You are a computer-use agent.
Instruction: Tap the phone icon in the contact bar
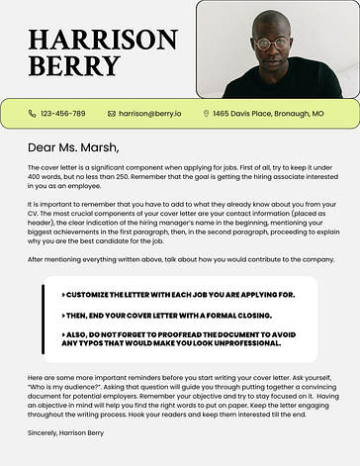click(33, 114)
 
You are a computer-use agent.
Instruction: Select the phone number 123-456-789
click(62, 114)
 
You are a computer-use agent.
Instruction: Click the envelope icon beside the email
click(112, 114)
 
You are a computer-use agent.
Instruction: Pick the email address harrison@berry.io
click(149, 114)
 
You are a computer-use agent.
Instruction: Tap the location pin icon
click(206, 114)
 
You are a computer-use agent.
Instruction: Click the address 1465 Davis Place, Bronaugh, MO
click(268, 114)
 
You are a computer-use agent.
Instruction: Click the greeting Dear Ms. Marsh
click(73, 148)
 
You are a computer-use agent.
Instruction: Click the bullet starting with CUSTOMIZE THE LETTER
click(178, 295)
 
